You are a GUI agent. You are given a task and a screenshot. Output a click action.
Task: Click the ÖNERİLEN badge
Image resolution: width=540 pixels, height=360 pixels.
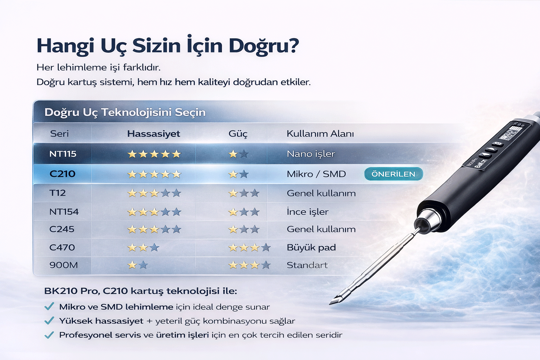393,174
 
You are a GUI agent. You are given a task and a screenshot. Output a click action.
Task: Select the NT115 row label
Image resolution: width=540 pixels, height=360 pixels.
63,154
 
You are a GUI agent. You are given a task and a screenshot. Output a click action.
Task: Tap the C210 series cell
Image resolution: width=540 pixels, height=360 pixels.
62,174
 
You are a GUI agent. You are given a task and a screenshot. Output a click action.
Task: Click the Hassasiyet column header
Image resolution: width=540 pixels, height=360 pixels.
154,134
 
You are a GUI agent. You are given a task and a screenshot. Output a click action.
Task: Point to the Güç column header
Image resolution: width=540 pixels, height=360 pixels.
238,134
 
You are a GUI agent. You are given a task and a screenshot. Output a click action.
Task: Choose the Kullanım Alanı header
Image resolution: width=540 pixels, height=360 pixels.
320,134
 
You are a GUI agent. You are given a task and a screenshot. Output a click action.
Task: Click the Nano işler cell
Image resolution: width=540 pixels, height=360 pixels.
311,154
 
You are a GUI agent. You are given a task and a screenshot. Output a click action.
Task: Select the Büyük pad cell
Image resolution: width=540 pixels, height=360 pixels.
311,247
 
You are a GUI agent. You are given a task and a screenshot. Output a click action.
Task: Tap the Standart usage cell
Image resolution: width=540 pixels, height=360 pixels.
307,265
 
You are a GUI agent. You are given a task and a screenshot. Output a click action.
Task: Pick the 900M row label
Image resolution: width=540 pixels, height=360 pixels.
64,265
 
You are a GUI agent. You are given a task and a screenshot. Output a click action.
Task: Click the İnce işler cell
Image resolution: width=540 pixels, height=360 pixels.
308,212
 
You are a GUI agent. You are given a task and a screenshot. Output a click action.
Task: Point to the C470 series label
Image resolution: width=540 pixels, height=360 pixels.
62,247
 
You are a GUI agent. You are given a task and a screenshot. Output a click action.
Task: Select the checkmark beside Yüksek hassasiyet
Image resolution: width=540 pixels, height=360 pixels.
49,321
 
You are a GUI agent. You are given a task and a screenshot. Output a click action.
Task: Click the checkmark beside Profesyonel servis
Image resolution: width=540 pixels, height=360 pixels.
49,335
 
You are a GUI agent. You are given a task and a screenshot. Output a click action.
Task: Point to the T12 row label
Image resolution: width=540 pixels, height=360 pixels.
57,193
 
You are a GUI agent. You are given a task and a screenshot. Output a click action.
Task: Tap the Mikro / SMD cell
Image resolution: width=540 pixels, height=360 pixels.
316,174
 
